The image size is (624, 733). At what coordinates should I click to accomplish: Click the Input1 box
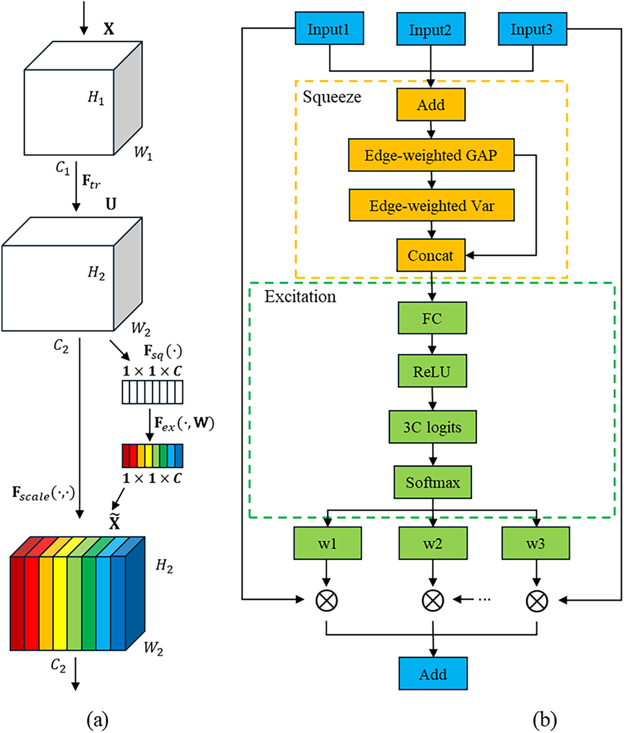(329, 28)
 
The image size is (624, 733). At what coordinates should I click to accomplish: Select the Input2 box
(431, 29)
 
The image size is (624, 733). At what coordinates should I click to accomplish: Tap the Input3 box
(532, 29)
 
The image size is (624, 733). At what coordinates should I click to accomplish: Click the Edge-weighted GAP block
(431, 155)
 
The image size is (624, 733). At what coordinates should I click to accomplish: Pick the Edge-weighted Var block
(431, 205)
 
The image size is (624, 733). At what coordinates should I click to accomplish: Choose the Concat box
(431, 255)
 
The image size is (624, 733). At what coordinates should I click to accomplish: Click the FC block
(432, 318)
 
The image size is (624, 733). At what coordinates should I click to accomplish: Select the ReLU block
(432, 371)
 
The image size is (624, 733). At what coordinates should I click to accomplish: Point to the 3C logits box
(432, 427)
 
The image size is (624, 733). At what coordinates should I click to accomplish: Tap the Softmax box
(433, 482)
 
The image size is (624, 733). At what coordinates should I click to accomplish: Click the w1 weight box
(327, 543)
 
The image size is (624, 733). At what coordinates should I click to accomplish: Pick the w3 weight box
(535, 543)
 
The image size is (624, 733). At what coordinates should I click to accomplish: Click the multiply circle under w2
(433, 600)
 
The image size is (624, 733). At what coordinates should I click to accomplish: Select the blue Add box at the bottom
(433, 674)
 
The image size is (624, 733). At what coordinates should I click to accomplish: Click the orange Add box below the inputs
(431, 104)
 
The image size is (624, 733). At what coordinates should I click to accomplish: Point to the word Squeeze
(332, 97)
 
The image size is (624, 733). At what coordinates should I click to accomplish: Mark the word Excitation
(300, 296)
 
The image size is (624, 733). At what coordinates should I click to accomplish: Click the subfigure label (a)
(97, 719)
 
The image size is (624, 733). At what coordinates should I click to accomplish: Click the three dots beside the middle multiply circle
(484, 600)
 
